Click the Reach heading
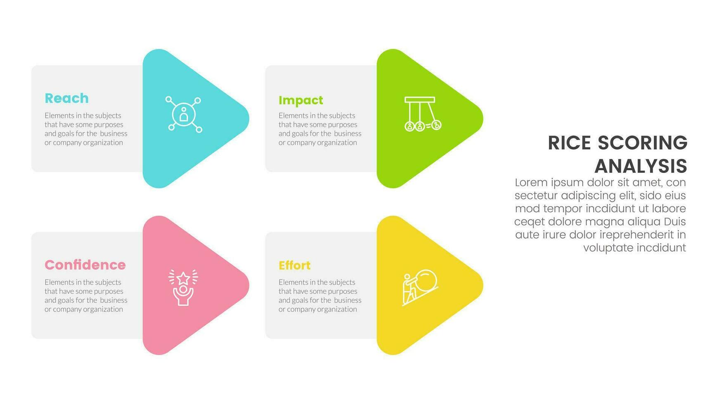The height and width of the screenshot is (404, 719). [x=66, y=98]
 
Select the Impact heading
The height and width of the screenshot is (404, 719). [x=300, y=100]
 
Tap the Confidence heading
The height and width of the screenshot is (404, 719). [x=85, y=265]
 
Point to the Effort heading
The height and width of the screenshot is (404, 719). [x=294, y=265]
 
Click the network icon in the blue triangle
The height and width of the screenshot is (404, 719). [x=184, y=115]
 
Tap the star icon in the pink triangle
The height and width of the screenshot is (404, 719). [x=183, y=287]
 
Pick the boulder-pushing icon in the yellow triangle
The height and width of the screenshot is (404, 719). [x=420, y=288]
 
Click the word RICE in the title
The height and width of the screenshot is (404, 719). [x=569, y=143]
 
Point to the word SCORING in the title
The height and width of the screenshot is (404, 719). [x=643, y=143]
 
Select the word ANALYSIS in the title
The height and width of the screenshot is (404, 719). [x=641, y=166]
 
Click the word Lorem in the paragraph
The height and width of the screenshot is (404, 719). [x=531, y=182]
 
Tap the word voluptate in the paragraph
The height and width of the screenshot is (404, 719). [x=608, y=248]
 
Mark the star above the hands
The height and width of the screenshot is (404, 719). [x=183, y=278]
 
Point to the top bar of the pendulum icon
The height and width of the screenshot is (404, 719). [x=420, y=99]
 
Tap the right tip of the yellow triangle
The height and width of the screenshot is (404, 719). [x=483, y=285]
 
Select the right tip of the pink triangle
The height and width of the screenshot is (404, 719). [x=249, y=285]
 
